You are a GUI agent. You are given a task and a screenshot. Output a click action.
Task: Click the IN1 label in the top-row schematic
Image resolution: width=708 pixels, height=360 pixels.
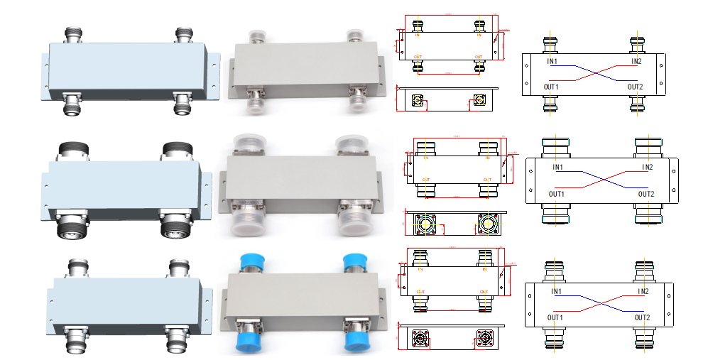[552, 61]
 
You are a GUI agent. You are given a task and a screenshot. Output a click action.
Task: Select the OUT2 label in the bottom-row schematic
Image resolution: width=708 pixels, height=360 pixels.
[644, 317]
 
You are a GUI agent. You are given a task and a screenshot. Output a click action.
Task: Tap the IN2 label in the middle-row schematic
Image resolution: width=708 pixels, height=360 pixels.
[646, 168]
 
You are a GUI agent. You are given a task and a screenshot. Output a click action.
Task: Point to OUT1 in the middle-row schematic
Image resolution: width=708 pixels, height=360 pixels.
[556, 194]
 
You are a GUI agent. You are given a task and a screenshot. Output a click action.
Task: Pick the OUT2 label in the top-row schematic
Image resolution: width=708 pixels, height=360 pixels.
[636, 87]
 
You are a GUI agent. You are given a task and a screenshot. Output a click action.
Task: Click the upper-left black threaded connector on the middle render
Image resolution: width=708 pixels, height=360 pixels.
[70, 150]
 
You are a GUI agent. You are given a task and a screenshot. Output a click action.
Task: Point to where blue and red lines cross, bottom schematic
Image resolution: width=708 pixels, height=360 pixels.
[601, 304]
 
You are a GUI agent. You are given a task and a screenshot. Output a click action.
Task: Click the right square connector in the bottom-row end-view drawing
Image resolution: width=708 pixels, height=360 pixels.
[488, 338]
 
